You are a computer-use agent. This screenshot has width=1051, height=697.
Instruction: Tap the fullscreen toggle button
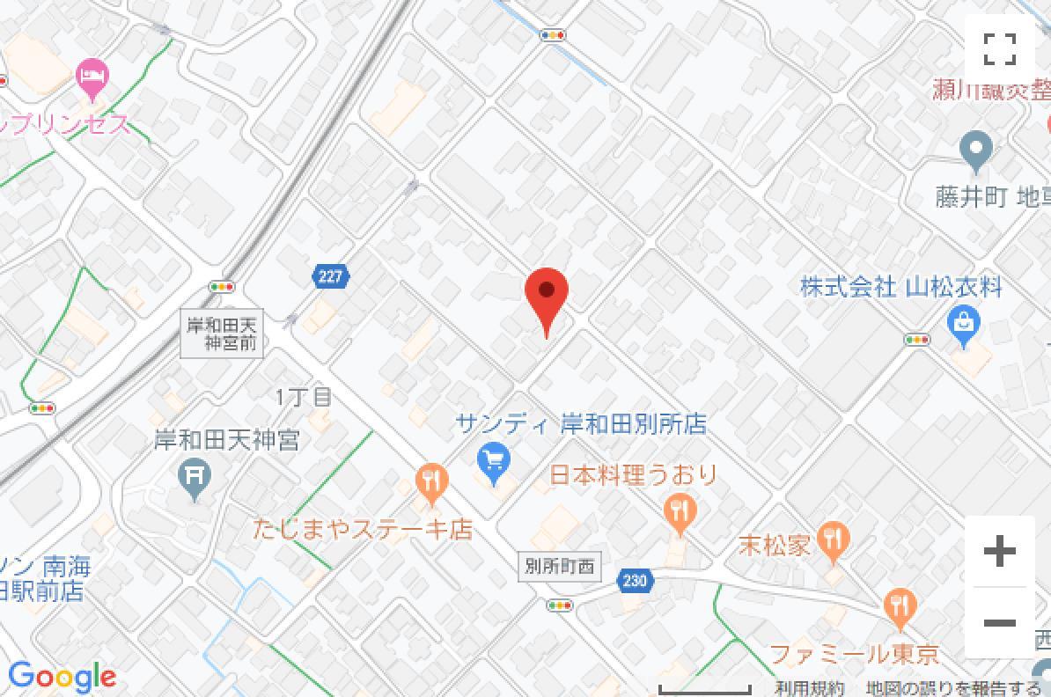pos(1000,48)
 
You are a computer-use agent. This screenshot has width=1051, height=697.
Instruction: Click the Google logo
pos(62,676)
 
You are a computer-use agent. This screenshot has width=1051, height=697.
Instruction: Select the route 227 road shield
pos(329,277)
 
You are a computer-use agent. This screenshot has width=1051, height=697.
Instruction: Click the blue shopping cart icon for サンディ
pos(494,460)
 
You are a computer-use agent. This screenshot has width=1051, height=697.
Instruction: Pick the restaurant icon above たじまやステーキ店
pos(431,482)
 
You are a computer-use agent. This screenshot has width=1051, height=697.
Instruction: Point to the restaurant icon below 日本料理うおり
pos(680,510)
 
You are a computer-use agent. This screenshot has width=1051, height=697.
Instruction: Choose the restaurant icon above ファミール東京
pos(899,607)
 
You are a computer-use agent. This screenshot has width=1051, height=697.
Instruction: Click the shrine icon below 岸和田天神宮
pos(195,479)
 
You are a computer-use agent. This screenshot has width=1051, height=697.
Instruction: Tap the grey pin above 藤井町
pos(975,150)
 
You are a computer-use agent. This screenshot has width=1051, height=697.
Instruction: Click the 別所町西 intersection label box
pos(558,567)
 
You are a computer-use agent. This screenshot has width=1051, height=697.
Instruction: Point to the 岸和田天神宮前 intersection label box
pos(223,334)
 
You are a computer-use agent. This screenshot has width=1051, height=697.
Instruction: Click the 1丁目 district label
pos(304,397)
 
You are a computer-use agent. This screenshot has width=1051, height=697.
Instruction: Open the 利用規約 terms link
pos(810,688)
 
